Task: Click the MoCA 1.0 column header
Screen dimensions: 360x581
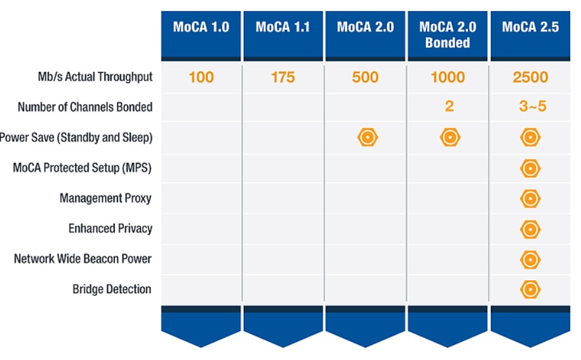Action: pos(200,28)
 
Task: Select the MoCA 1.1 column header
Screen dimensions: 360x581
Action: pos(283,28)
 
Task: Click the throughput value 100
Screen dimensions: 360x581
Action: pos(201,78)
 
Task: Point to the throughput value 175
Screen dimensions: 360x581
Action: pos(283,78)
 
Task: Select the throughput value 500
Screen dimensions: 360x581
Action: pos(365,78)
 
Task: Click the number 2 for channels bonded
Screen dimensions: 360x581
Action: pos(449,106)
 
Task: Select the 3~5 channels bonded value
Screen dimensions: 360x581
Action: pos(532,106)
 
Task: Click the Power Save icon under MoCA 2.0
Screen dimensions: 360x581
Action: pos(367,138)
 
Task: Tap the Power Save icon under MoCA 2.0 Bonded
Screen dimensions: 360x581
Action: pos(449,138)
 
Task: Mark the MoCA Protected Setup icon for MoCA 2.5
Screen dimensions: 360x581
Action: pos(530,169)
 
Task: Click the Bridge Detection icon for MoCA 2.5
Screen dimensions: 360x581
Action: pos(530,289)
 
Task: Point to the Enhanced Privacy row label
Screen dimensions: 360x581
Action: pos(110,228)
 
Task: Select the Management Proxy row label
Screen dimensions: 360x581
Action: pos(106,198)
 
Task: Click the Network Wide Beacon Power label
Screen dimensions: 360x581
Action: pos(82,259)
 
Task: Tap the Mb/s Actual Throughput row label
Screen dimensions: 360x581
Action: pos(95,77)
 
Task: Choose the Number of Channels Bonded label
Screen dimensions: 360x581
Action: pos(85,107)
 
